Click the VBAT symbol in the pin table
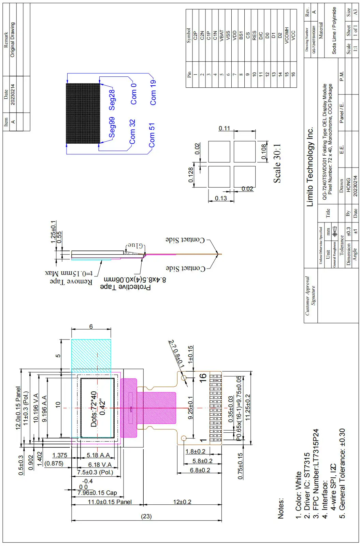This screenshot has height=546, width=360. click(x=221, y=35)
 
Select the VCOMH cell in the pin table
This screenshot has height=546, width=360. click(x=287, y=35)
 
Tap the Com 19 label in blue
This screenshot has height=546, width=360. click(x=153, y=92)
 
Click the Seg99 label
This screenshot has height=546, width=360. click(x=112, y=128)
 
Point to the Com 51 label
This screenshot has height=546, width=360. click(x=152, y=135)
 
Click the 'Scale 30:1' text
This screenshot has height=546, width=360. click(x=277, y=163)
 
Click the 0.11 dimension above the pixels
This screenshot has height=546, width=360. click(x=224, y=128)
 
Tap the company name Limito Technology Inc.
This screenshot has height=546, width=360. click(x=310, y=167)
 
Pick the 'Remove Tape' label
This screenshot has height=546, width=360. click(x=71, y=282)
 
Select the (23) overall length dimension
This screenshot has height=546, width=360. click(x=146, y=516)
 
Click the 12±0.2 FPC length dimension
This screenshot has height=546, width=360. click(x=182, y=502)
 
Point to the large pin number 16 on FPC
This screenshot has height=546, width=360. click(x=203, y=377)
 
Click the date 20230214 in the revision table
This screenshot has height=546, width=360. click(x=13, y=95)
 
